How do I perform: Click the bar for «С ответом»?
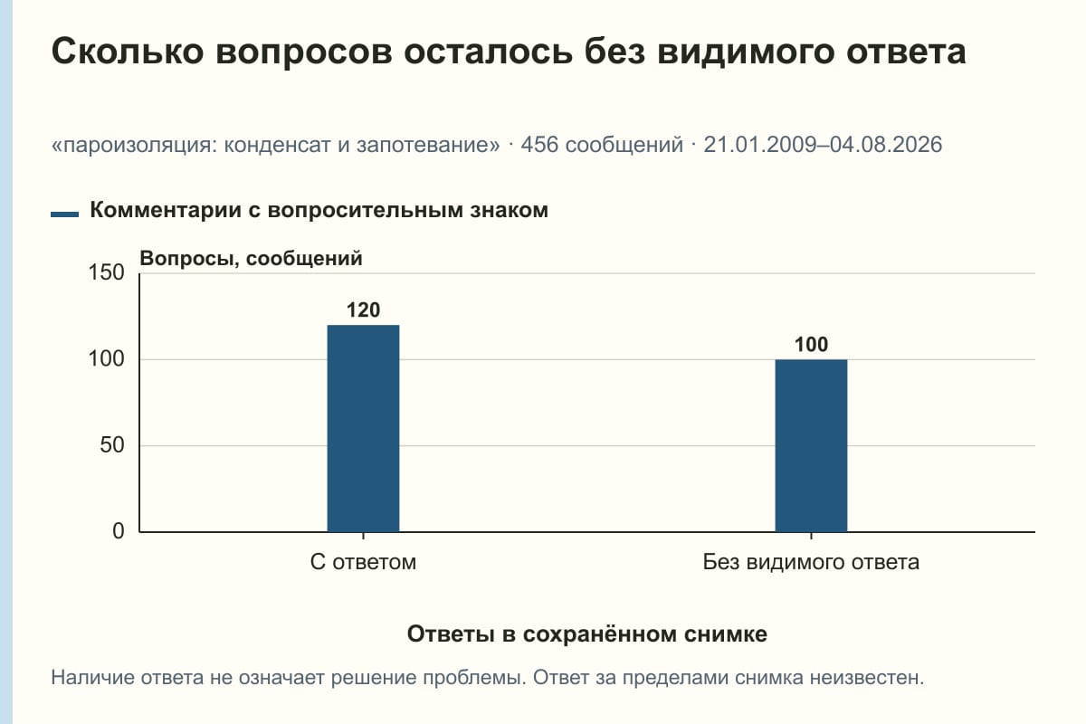tap(363, 429)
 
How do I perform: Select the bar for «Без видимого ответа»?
tap(811, 445)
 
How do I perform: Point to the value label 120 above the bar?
tap(363, 310)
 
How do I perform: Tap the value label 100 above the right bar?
tap(811, 344)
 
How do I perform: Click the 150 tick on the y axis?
tap(106, 272)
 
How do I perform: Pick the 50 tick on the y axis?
tap(112, 445)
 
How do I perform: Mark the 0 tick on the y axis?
tap(119, 531)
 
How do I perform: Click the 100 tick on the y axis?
tap(106, 359)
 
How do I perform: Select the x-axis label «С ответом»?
tap(363, 563)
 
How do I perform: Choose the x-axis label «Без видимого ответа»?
tap(811, 563)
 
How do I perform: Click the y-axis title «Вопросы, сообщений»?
tap(252, 259)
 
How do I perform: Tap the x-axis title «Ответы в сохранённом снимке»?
tap(587, 634)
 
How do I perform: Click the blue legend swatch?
tap(64, 214)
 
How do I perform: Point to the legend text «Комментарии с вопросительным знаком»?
tap(319, 211)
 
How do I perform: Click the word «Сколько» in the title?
tap(128, 52)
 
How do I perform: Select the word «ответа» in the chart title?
tap(906, 52)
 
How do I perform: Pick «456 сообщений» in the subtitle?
tap(602, 145)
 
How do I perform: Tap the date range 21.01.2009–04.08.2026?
tap(823, 145)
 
